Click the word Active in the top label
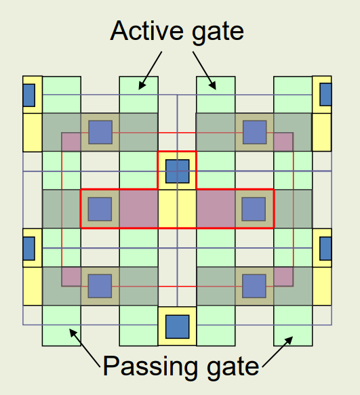[146, 30]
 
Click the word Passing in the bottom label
[151, 367]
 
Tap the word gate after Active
[218, 33]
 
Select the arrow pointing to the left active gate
[151, 70]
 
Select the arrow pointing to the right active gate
[205, 70]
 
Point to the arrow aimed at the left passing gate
[85, 348]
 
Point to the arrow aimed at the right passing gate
[277, 352]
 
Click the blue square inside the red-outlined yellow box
[177, 171]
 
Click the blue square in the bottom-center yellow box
[177, 327]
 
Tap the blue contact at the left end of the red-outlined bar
[100, 209]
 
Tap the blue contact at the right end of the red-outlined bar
[254, 209]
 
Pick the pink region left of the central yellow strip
[139, 209]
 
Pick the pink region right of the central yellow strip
[216, 209]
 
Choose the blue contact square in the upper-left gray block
[100, 132]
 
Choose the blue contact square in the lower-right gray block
[254, 286]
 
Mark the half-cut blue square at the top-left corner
[28, 96]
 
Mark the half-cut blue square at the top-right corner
[325, 94]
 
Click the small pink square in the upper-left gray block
[71, 142]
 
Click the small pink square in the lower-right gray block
[283, 276]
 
